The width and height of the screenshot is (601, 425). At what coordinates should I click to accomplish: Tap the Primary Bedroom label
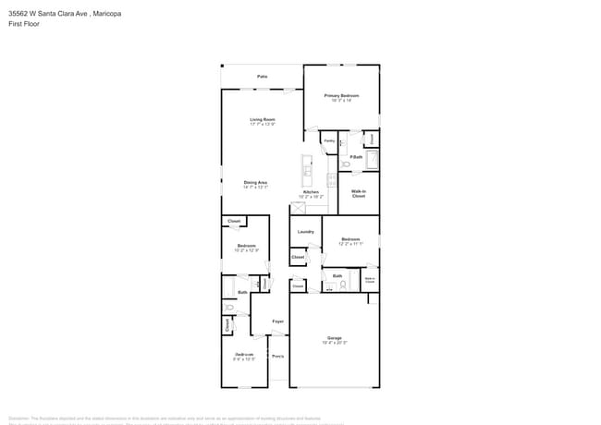coord(341,97)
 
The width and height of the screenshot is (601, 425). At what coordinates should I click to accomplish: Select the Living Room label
coord(263,120)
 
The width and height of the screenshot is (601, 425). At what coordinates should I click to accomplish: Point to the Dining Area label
coord(256,183)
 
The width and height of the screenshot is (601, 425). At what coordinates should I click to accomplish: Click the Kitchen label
coord(311,193)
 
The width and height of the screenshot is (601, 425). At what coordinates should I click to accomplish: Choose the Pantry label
coord(328,141)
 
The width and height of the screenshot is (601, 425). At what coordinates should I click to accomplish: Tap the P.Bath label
coord(356,157)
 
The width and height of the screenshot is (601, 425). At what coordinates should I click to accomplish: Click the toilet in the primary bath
coord(346,164)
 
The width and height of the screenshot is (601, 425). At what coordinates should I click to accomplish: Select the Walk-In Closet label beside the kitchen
coord(359,194)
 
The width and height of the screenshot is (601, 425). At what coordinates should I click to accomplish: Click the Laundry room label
coord(305,231)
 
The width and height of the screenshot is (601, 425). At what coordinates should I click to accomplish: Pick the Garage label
coord(334,338)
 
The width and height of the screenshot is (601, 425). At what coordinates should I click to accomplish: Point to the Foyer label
coord(277,321)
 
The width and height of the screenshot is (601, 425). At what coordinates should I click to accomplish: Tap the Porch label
coord(277,356)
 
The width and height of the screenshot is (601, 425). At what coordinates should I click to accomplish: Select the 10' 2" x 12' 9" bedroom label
coord(245,247)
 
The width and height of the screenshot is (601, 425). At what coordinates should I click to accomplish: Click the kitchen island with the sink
coord(305,169)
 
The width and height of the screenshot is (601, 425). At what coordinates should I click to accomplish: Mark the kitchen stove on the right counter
coord(331,180)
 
